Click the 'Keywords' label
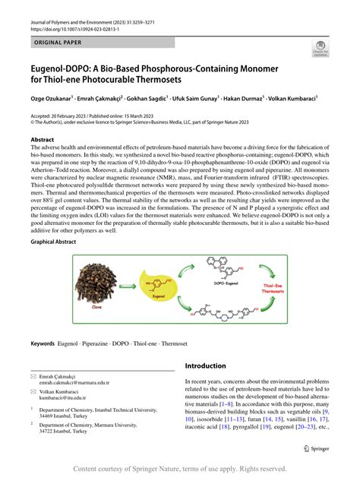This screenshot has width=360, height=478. (43, 343)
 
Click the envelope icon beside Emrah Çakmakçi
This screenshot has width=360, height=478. (33, 376)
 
